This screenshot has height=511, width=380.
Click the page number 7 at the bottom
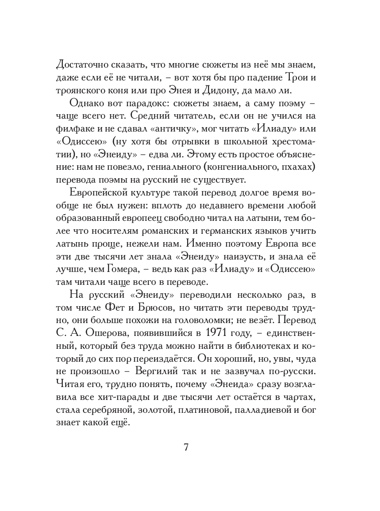point(187,447)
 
